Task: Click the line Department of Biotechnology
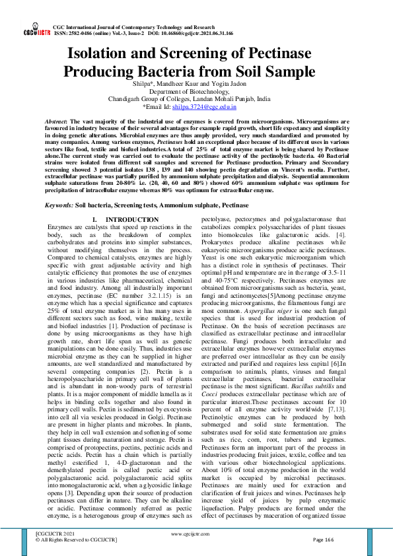tap(196, 91)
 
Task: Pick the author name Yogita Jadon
tap(229, 84)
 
